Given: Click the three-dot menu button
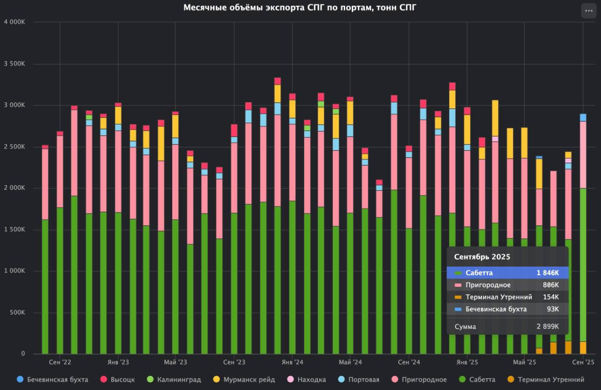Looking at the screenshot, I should point(589,10).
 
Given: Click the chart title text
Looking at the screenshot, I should point(300,8).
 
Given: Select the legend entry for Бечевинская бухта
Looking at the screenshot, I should point(53,379).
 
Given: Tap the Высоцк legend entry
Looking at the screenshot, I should point(118,379).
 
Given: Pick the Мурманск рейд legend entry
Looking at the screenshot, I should point(244,379).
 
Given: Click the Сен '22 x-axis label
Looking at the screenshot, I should point(60,362).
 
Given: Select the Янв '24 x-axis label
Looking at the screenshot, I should point(293,362).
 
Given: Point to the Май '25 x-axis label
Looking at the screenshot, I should point(524,362).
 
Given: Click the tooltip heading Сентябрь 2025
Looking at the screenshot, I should point(482,257).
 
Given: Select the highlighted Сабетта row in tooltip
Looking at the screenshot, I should point(507,273).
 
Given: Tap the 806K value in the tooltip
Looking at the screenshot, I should point(551,285).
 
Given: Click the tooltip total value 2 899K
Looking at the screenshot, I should point(548,327).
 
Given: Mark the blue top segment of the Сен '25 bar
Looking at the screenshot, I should point(583,117).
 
